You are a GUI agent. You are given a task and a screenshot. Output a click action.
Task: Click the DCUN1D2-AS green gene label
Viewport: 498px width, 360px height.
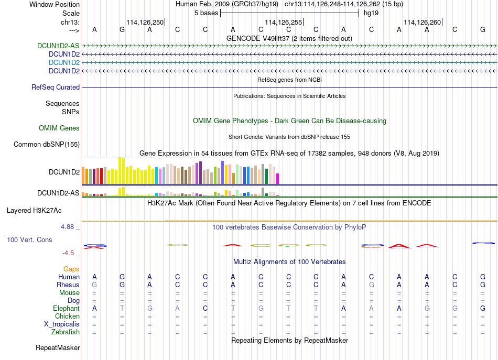(58, 46)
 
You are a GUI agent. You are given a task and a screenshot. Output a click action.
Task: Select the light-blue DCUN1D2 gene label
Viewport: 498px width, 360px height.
(64, 62)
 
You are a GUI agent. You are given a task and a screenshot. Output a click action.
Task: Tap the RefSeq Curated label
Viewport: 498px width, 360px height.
(56, 88)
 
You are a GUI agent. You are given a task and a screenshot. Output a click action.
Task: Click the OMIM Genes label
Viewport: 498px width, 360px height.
(59, 128)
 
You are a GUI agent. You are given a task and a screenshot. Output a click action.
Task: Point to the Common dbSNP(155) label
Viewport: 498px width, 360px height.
(47, 145)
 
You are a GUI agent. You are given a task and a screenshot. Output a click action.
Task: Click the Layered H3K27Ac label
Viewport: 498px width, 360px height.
(34, 211)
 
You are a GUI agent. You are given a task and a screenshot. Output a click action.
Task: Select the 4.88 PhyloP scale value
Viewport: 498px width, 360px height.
(67, 227)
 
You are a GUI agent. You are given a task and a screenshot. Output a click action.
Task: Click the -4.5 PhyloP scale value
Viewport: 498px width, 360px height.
(68, 253)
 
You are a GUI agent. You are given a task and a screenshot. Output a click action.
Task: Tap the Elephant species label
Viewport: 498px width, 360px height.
(67, 308)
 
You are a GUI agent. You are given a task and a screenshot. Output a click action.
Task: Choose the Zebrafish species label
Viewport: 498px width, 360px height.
(66, 332)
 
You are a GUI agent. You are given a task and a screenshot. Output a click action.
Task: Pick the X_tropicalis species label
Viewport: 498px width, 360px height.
(62, 324)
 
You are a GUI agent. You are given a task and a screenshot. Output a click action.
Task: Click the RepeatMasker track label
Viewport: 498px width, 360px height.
(58, 347)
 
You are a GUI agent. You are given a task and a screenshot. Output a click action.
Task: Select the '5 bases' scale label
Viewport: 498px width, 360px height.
(207, 13)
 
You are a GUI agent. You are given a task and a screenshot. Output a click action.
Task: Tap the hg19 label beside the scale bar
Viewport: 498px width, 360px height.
(371, 13)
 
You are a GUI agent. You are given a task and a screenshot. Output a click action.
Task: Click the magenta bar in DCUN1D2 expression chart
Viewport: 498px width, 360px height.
(278, 179)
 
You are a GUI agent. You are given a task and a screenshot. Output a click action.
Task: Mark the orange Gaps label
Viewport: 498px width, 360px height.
(71, 269)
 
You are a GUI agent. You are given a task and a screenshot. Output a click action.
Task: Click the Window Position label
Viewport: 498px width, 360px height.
(55, 4)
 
